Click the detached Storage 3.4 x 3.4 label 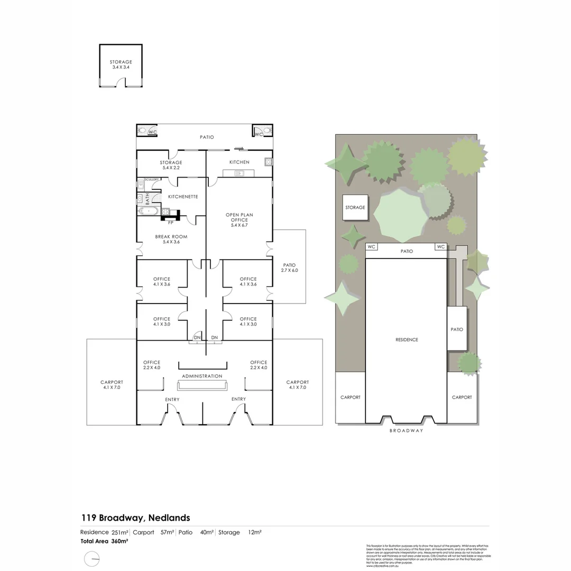pos(121,65)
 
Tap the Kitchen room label pos(239,162)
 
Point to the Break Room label pos(171,240)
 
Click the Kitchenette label pos(183,197)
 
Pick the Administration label pos(202,376)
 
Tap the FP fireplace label pos(170,223)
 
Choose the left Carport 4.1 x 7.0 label pos(112,385)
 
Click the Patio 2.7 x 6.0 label pos(289,268)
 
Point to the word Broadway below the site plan pos(407,431)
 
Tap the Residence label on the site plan pos(406,340)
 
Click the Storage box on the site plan pos(355,208)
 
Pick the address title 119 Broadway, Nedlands pos(135,518)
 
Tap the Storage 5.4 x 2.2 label pos(171,165)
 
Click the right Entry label pos(238,399)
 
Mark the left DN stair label pos(197,337)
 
